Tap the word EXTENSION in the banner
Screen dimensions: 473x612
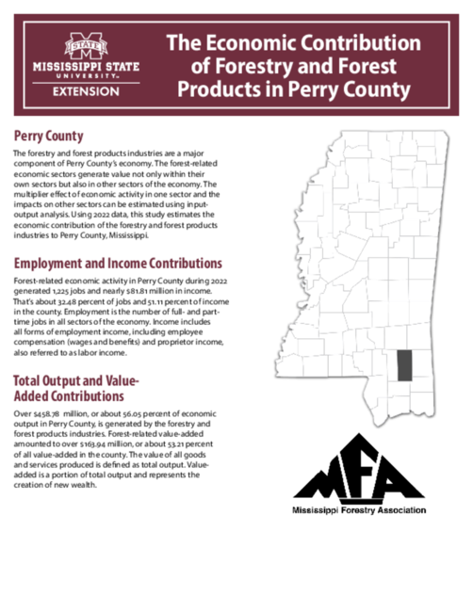(86, 91)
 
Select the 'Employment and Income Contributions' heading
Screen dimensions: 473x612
(118, 263)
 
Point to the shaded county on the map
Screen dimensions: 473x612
(404, 363)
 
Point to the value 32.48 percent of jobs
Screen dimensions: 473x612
(74, 302)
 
